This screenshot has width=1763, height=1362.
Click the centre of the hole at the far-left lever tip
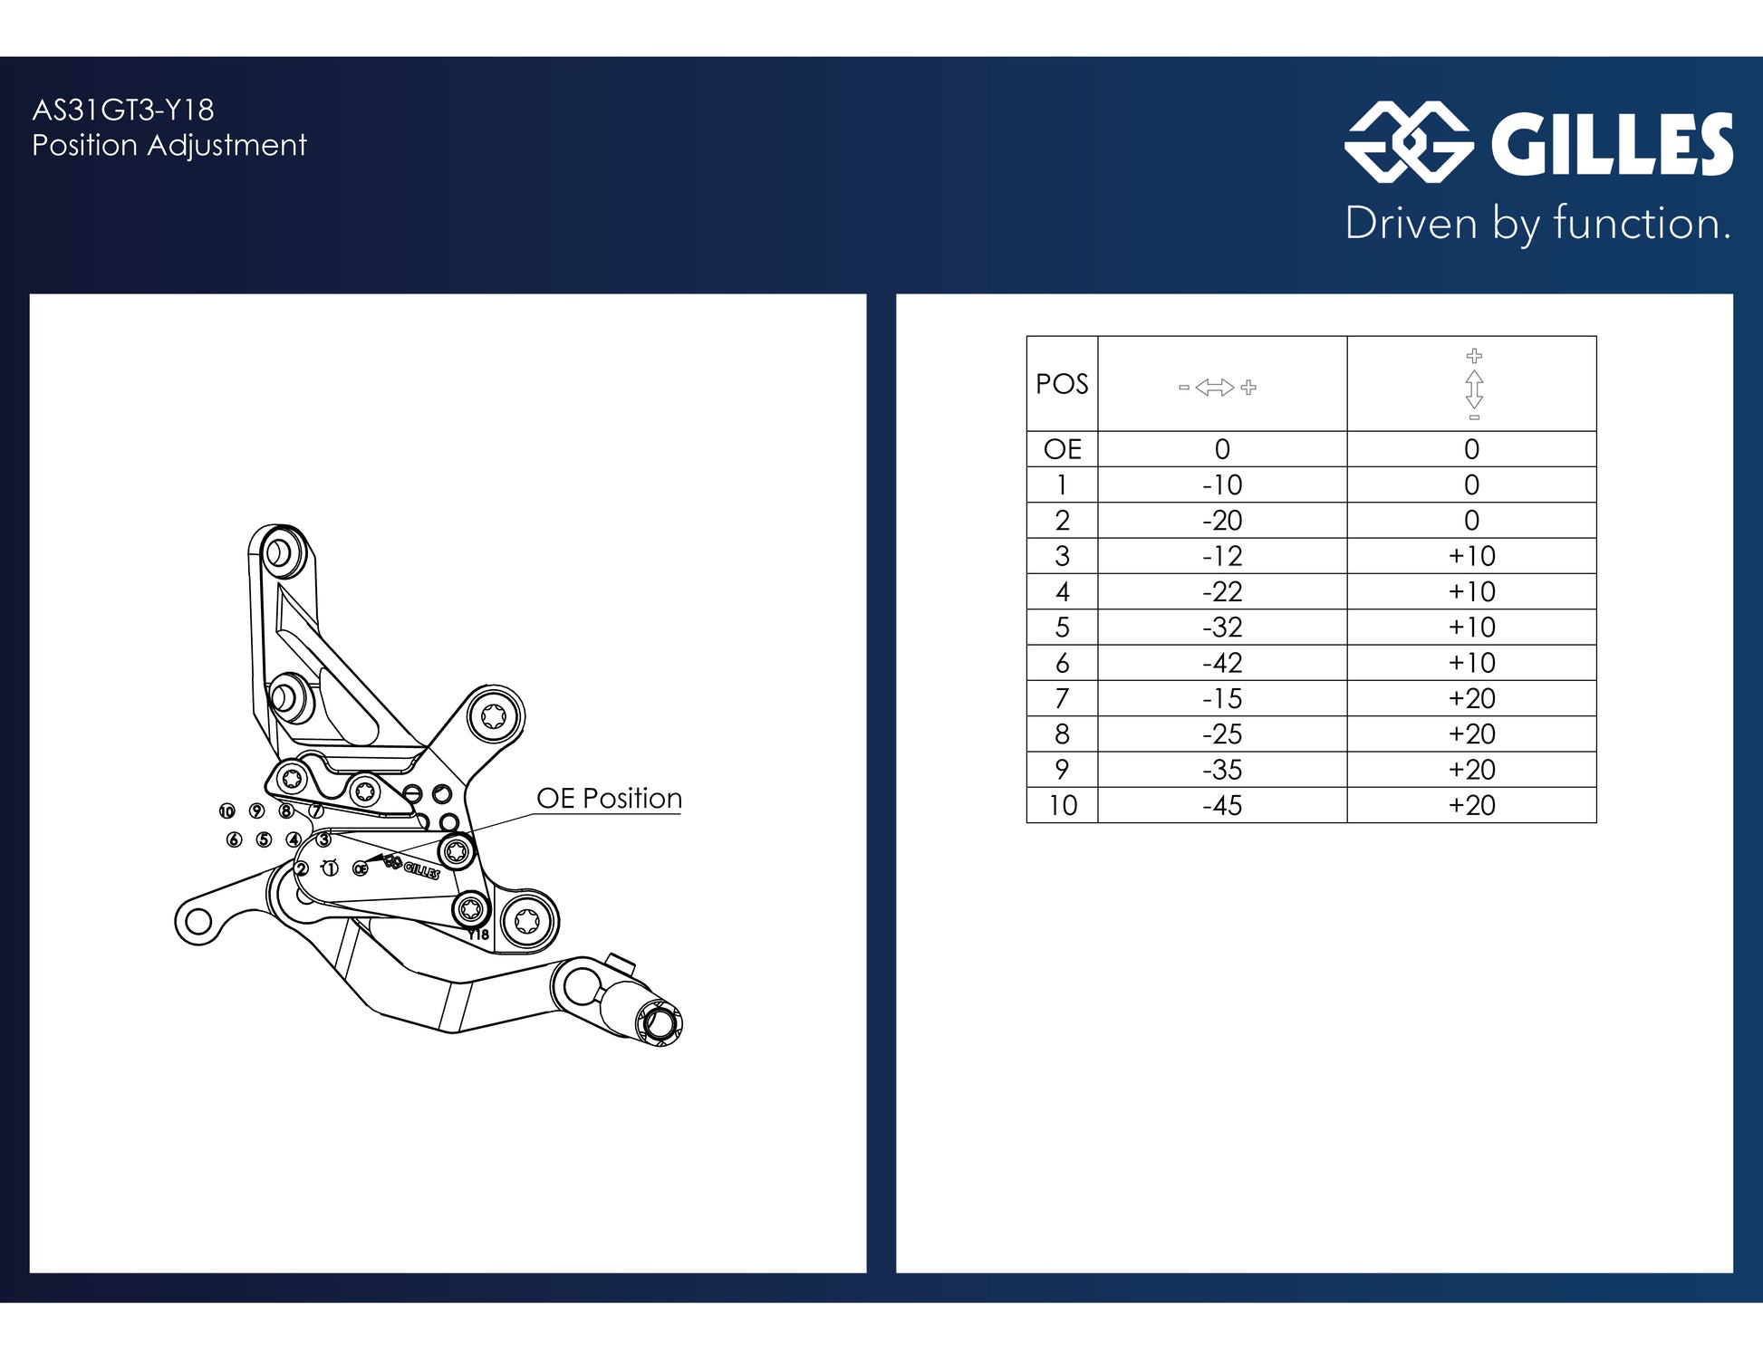pyautogui.click(x=198, y=923)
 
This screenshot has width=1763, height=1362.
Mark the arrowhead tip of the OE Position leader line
pyautogui.click(x=365, y=861)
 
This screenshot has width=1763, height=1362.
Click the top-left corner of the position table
pyautogui.click(x=1026, y=336)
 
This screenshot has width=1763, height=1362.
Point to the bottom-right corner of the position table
pyautogui.click(x=1596, y=822)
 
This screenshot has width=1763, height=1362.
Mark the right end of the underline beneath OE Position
pyautogui.click(x=681, y=814)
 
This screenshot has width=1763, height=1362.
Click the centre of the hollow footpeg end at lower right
pyautogui.click(x=661, y=1023)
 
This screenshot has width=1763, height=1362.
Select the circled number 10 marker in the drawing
pyautogui.click(x=226, y=810)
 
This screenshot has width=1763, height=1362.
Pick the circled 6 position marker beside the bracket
pyautogui.click(x=234, y=839)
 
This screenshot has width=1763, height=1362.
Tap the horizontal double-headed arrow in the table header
pyautogui.click(x=1215, y=388)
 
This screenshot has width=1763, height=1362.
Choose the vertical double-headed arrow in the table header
pyautogui.click(x=1474, y=388)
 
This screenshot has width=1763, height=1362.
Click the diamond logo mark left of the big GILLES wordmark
pyautogui.click(x=1409, y=142)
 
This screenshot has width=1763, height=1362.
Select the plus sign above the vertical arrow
pyautogui.click(x=1474, y=355)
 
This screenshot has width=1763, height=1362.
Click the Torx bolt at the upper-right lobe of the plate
pyautogui.click(x=494, y=716)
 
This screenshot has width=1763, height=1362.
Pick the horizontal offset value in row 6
pyautogui.click(x=1222, y=663)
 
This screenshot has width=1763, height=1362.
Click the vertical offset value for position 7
pyautogui.click(x=1471, y=698)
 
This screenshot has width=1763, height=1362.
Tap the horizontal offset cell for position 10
pyautogui.click(x=1222, y=805)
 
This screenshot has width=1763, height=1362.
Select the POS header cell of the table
pyautogui.click(x=1062, y=384)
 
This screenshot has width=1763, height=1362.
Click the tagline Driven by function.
pyautogui.click(x=1537, y=224)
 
